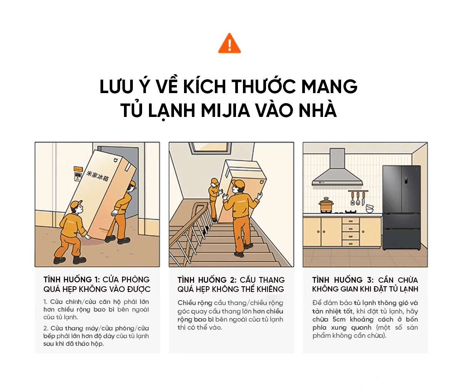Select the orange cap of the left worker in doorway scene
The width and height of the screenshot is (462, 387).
76,204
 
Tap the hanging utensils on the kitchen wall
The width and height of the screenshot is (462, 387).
358,198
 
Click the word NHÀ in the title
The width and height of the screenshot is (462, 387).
319,110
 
